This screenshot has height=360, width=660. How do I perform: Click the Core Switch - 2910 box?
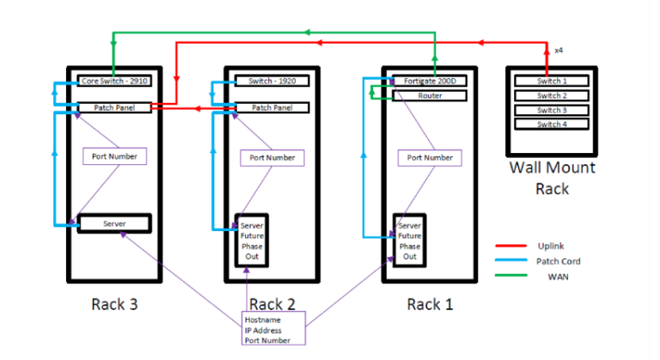tap(113, 81)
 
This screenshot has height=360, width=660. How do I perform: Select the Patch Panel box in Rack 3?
tap(113, 107)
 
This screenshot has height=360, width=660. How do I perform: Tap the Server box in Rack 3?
tap(114, 223)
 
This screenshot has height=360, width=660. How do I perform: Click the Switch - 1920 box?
tap(272, 81)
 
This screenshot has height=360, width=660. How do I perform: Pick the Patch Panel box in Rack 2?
tap(272, 107)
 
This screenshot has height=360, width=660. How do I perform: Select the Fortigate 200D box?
tap(430, 81)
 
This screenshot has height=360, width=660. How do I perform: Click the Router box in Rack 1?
tap(430, 95)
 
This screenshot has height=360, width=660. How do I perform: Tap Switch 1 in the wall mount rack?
tap(552, 81)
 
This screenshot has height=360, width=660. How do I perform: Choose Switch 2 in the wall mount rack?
tap(552, 95)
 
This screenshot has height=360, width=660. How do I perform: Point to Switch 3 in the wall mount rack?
tap(552, 110)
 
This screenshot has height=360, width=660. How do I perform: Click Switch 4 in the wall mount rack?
tap(552, 124)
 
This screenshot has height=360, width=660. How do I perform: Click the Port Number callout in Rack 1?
tap(430, 158)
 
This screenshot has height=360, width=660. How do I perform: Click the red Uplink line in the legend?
tap(510, 246)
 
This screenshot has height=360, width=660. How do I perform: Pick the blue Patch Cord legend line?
tap(510, 261)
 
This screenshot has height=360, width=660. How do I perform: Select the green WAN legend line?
tap(510, 277)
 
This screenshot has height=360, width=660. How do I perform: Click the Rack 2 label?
tap(272, 303)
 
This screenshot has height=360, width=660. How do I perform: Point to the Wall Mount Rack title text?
tap(552, 176)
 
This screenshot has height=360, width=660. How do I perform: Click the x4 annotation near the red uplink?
tap(559, 51)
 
